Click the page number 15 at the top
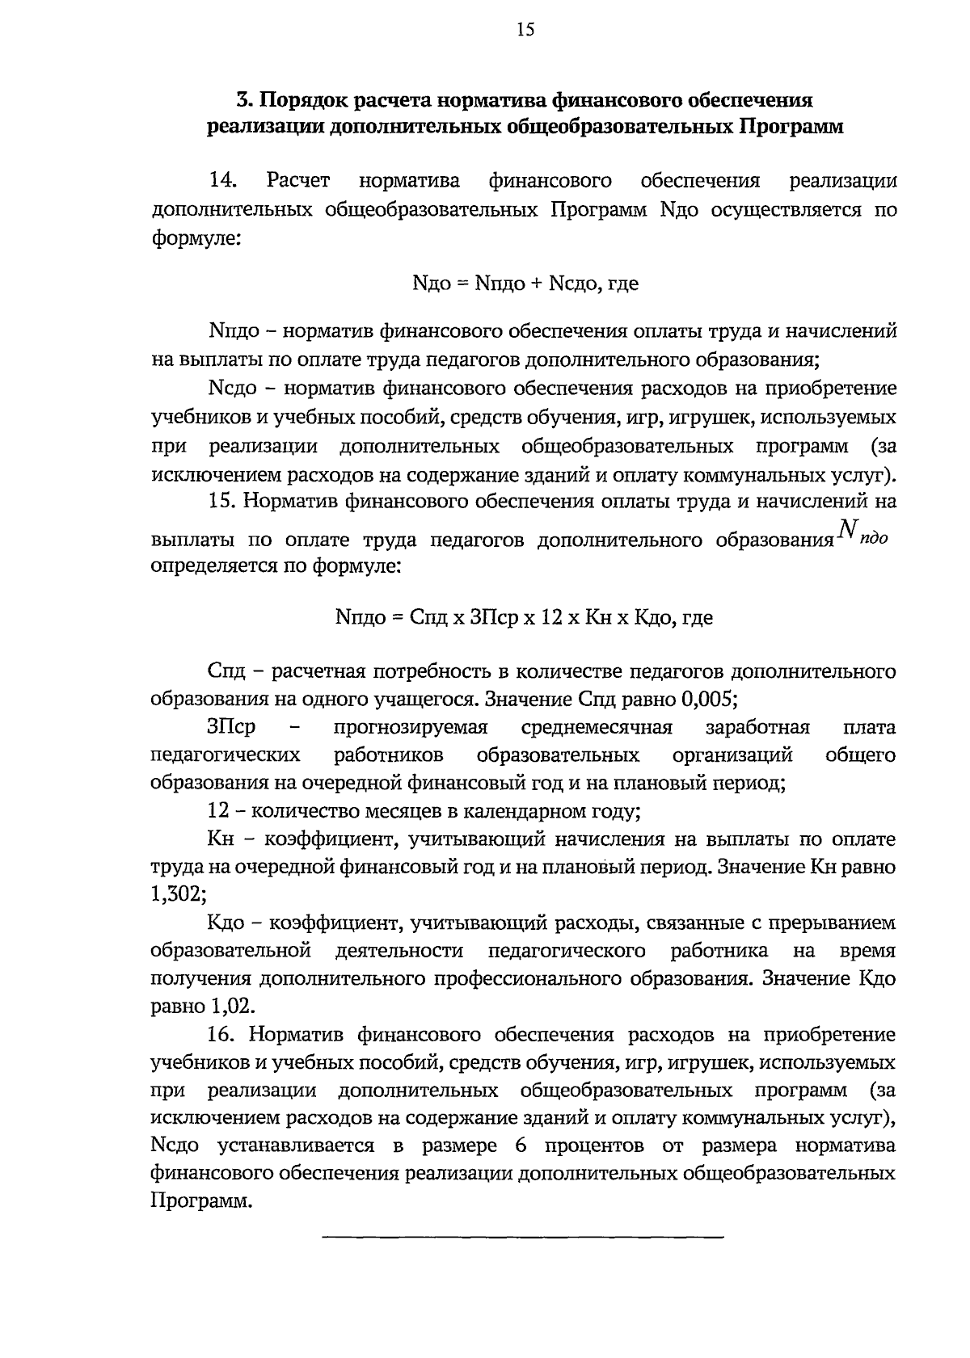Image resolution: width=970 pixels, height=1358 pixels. click(x=525, y=31)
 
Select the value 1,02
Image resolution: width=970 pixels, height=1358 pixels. click(x=233, y=1007)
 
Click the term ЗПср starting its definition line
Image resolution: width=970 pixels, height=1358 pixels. click(x=231, y=727)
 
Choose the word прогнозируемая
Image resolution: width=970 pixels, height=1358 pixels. click(x=411, y=727)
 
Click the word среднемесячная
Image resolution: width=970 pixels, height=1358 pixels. click(x=597, y=727)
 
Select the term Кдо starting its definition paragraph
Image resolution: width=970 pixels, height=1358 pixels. click(x=231, y=923)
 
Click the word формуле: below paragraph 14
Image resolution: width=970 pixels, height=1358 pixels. click(x=196, y=239)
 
